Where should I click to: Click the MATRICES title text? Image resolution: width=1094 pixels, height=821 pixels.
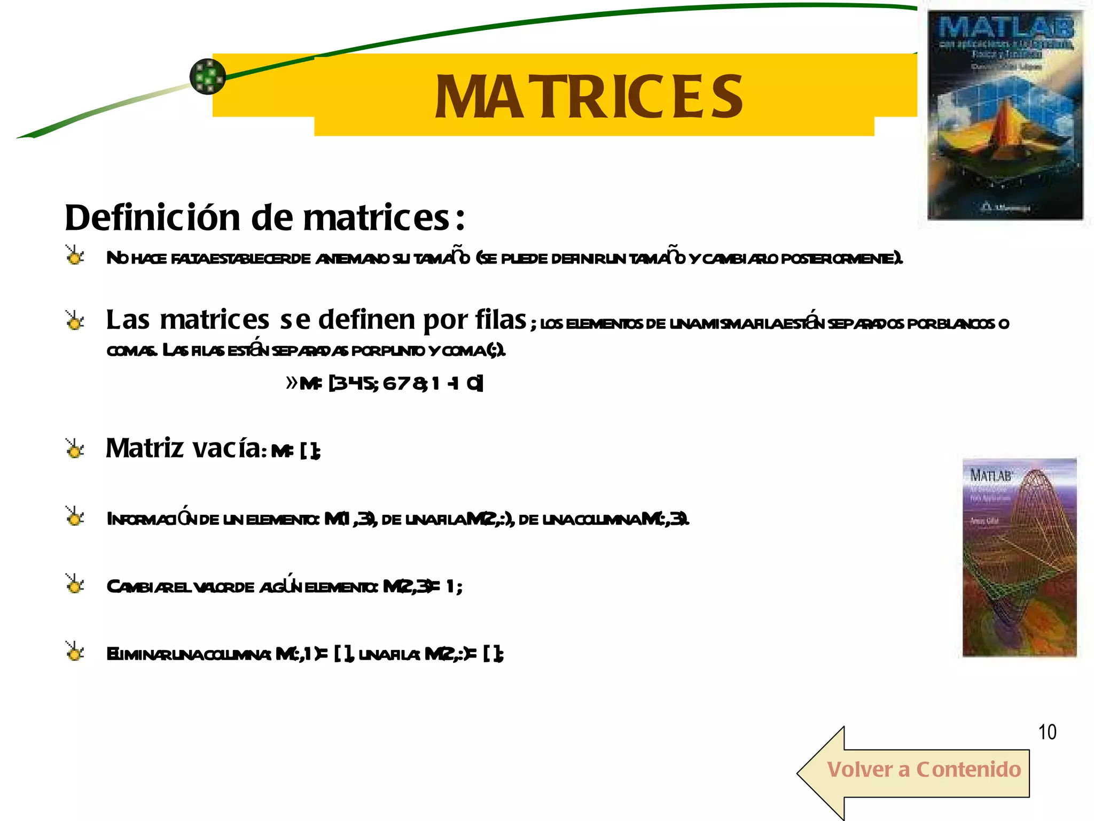pyautogui.click(x=588, y=97)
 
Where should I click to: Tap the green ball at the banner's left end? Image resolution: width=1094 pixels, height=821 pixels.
pyautogui.click(x=208, y=76)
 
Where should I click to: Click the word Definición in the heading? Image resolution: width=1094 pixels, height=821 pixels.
pyautogui.click(x=153, y=218)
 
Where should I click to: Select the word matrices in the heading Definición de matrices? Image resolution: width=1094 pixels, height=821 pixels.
pyautogui.click(x=377, y=218)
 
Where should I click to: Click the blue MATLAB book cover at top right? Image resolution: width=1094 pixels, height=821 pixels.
pyautogui.click(x=1005, y=115)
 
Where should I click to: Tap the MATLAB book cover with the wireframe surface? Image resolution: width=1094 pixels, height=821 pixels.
pyautogui.click(x=1019, y=557)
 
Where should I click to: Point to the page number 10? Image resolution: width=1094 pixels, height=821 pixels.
pyautogui.click(x=1047, y=732)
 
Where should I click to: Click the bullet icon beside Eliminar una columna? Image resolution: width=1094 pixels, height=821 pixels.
pyautogui.click(x=75, y=652)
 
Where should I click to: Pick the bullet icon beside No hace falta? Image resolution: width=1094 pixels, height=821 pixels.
pyautogui.click(x=75, y=255)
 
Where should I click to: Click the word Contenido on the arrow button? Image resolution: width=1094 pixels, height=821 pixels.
pyautogui.click(x=968, y=770)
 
